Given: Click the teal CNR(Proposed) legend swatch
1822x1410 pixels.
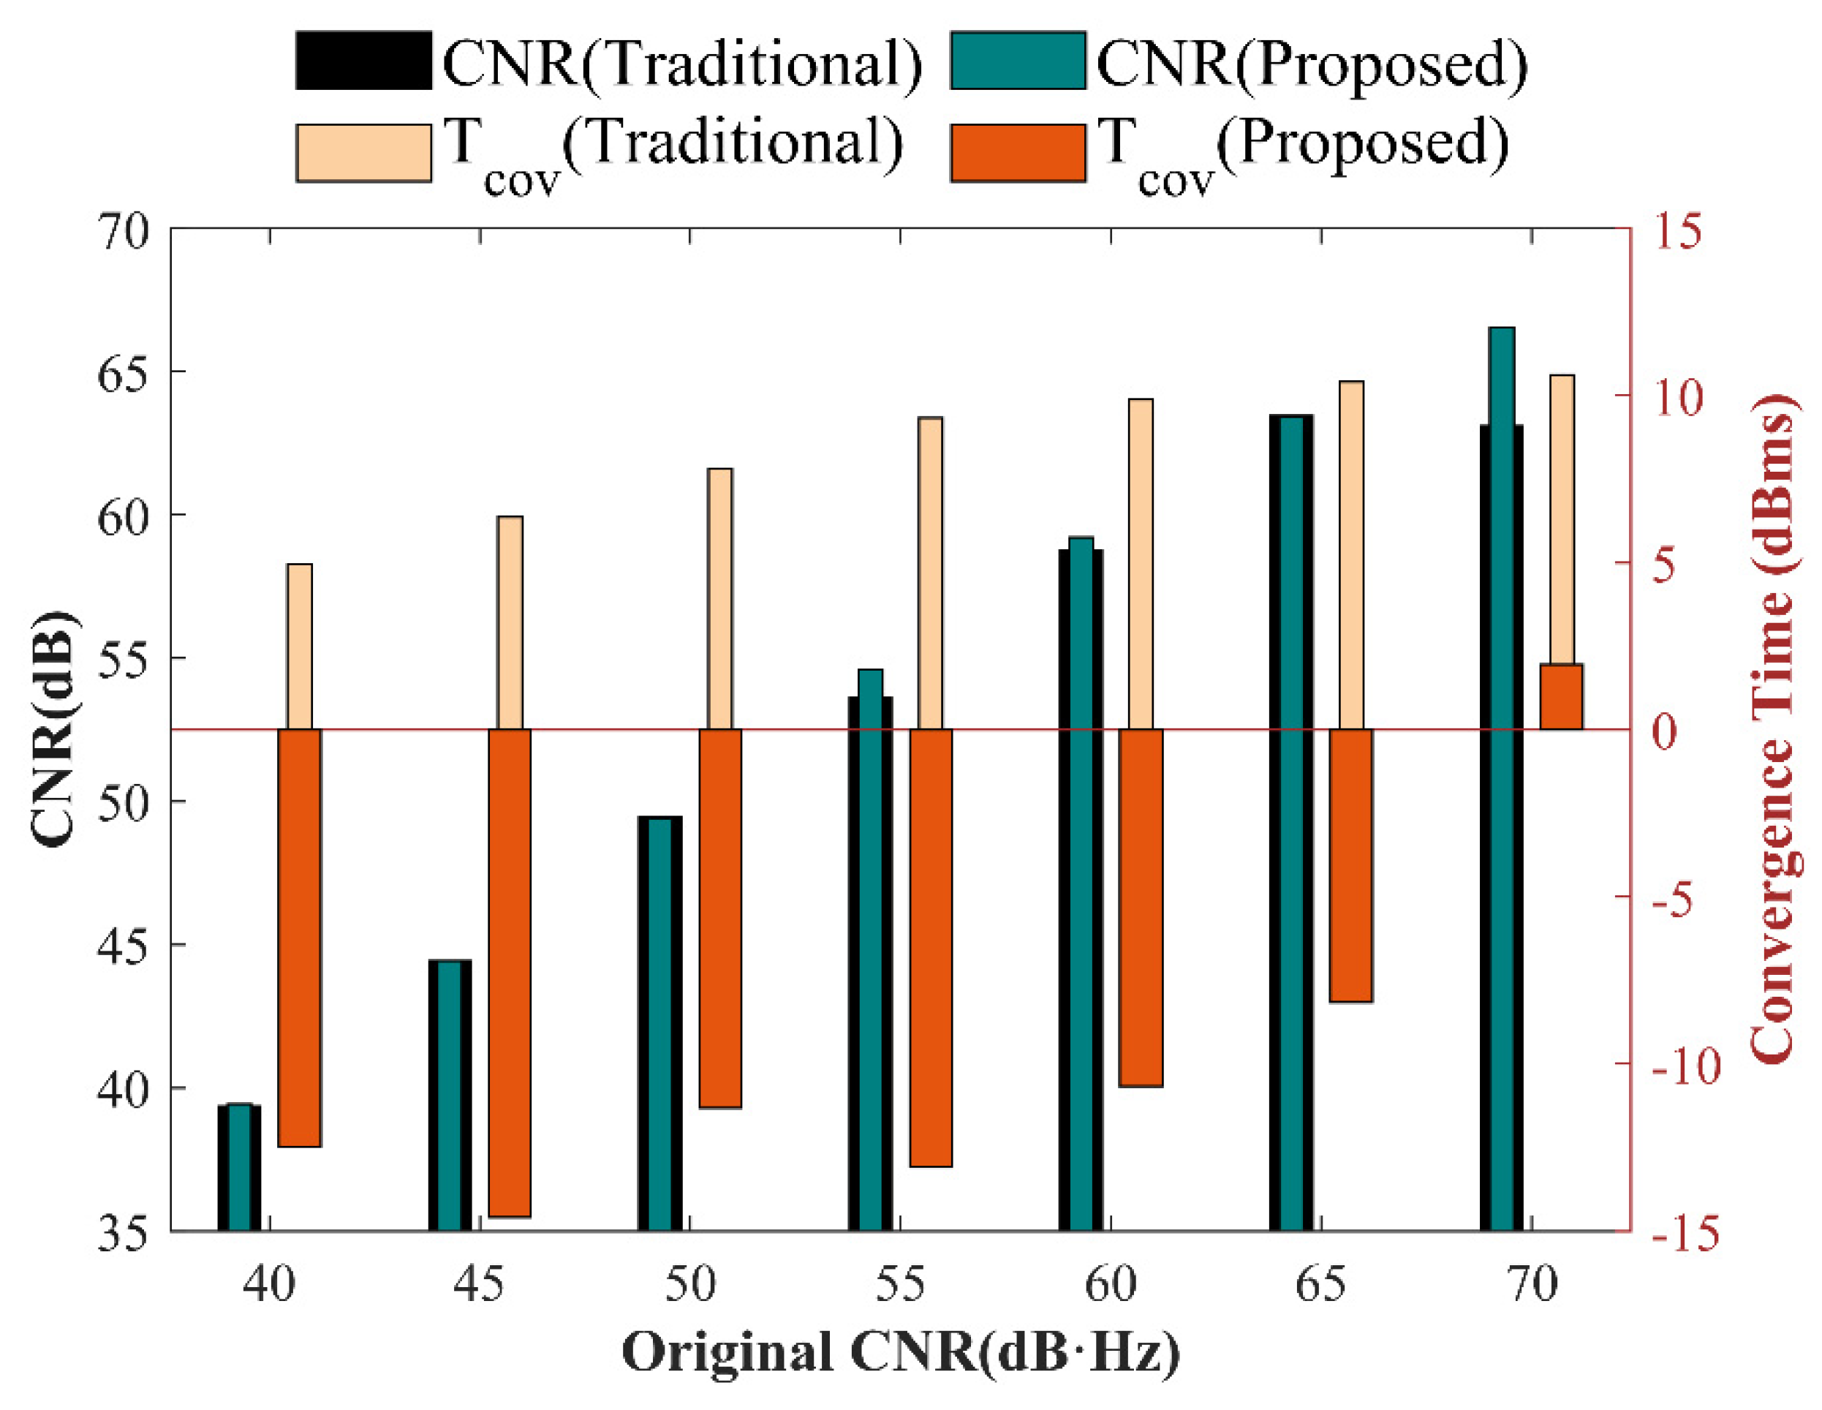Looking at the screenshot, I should (1018, 60).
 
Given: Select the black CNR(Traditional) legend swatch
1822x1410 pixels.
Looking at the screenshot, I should (363, 60).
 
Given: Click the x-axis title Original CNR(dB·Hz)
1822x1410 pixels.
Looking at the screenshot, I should (901, 1351).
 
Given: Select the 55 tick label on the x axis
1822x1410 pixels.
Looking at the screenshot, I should (900, 1284).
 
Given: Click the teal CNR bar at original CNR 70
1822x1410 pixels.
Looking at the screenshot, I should (1502, 776).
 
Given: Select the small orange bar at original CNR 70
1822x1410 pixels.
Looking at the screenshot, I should (1561, 697).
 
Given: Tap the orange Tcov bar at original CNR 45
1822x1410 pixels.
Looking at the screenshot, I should (510, 972).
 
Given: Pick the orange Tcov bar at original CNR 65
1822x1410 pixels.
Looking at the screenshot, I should (1350, 864).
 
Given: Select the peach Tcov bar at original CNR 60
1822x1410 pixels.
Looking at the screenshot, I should (1141, 564).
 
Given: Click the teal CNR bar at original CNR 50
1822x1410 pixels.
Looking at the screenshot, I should (660, 1023).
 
